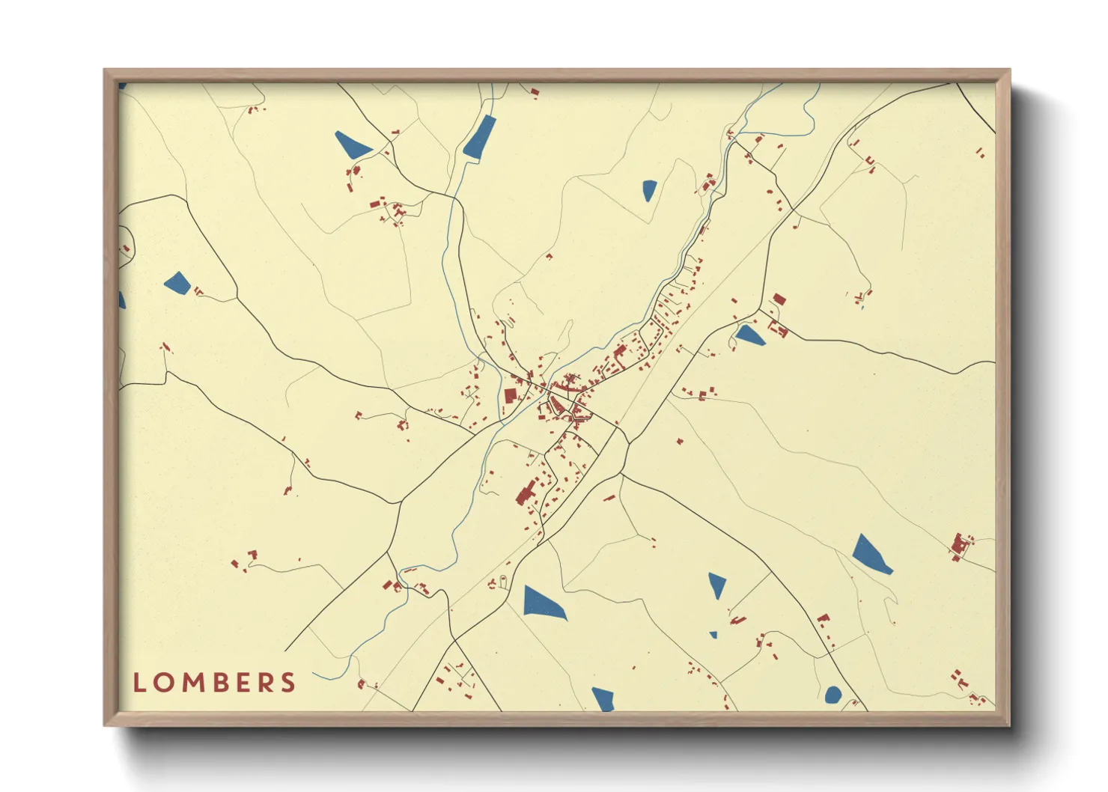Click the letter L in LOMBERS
tap(138, 683)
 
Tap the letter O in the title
tap(162, 683)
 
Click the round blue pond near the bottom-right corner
tap(832, 695)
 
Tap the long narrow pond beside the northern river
tap(480, 137)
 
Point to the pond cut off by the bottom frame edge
tap(603, 699)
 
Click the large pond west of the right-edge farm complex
tap(870, 555)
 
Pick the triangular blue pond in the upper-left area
tap(351, 144)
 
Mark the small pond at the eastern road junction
tap(749, 336)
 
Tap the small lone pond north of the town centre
tap(649, 190)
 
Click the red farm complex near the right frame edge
tap(959, 546)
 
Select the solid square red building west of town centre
tap(511, 395)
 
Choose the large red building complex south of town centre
tap(526, 492)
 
